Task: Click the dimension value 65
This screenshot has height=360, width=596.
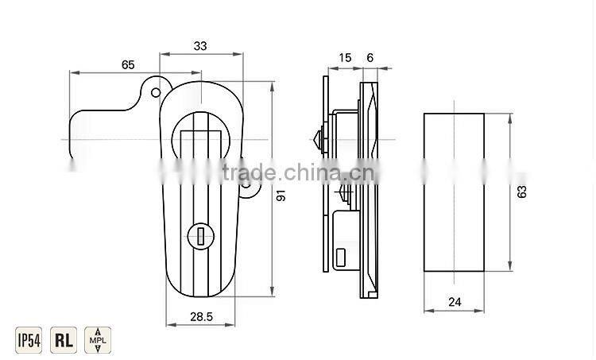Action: click(x=127, y=64)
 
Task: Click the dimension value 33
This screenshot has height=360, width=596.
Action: click(x=199, y=47)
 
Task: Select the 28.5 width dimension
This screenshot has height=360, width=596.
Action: click(x=200, y=316)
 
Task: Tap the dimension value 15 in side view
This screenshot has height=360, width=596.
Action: click(x=345, y=57)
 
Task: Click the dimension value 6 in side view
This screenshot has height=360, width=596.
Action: click(x=371, y=57)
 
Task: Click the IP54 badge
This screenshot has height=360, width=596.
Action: click(x=29, y=340)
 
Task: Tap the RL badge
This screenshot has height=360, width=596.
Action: click(x=63, y=340)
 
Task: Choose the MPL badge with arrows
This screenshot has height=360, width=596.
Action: click(x=97, y=340)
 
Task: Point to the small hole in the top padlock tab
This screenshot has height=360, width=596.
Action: click(x=153, y=92)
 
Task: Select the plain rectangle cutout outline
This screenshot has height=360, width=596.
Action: click(x=453, y=192)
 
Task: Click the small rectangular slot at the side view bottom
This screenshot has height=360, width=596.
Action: click(x=340, y=256)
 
